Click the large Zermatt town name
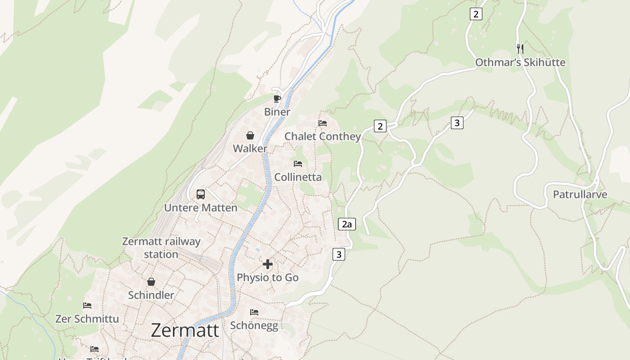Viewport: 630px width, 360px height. pos(184,330)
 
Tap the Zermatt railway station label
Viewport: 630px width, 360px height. pos(161,248)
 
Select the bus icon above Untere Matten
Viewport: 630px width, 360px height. pos(201,194)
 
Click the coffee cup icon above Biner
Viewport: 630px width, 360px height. pos(277,99)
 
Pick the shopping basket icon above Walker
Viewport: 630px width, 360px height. pos(250,135)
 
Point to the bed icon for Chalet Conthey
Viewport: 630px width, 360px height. pos(323,123)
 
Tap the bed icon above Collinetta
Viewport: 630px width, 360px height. pos(298,164)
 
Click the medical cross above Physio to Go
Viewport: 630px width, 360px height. pos(268,264)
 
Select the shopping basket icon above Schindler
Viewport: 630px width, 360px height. pos(151,282)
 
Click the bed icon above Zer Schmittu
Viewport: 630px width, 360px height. pos(87,306)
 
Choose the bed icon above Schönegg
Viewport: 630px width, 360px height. pos(254,312)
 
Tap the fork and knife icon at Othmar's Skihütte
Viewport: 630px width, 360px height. pos(520,49)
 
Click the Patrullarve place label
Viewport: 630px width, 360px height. pos(580,195)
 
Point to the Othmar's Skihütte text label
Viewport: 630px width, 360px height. pos(520,63)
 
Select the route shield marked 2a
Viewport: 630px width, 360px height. pos(346,224)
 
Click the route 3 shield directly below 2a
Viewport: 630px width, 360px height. pos(339,254)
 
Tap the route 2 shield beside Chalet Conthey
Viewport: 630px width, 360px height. pos(380,126)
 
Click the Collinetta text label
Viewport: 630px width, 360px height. pos(298,177)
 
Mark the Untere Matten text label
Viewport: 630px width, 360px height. pos(201,208)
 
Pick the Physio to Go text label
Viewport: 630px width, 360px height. pos(268,278)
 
